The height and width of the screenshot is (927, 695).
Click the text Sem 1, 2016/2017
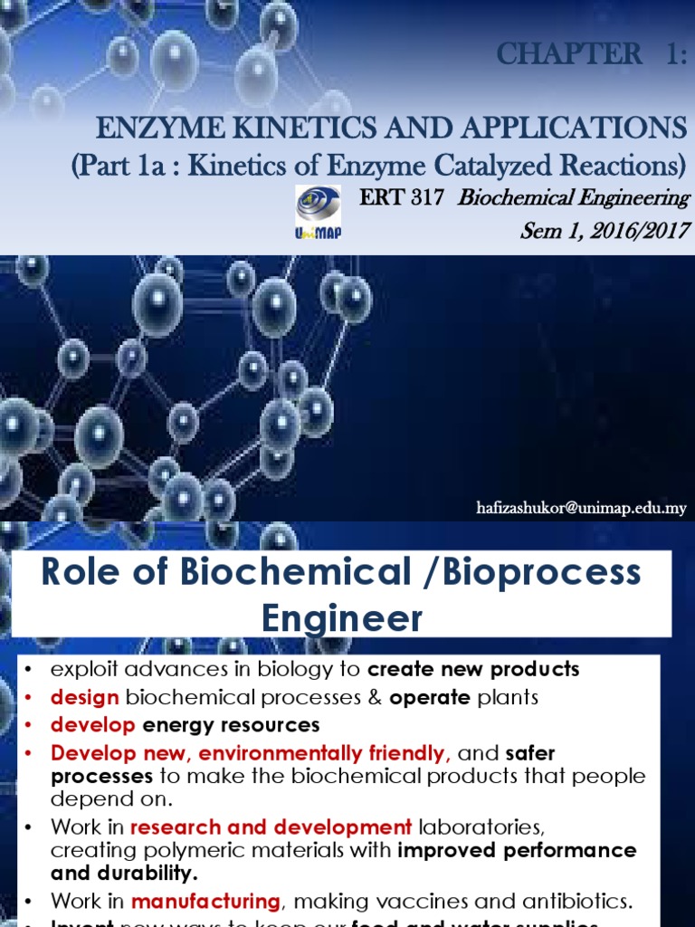605,230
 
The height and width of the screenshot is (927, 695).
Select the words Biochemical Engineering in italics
574,197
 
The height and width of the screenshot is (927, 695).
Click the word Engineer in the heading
342,619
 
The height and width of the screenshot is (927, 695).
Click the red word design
85,697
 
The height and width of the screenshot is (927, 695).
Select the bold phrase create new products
474,670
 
